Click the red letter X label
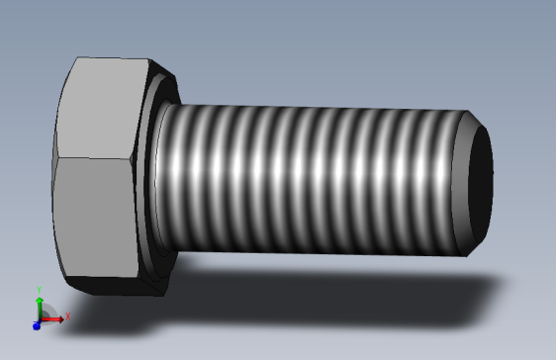[x=68, y=316]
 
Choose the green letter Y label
[x=39, y=289]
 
